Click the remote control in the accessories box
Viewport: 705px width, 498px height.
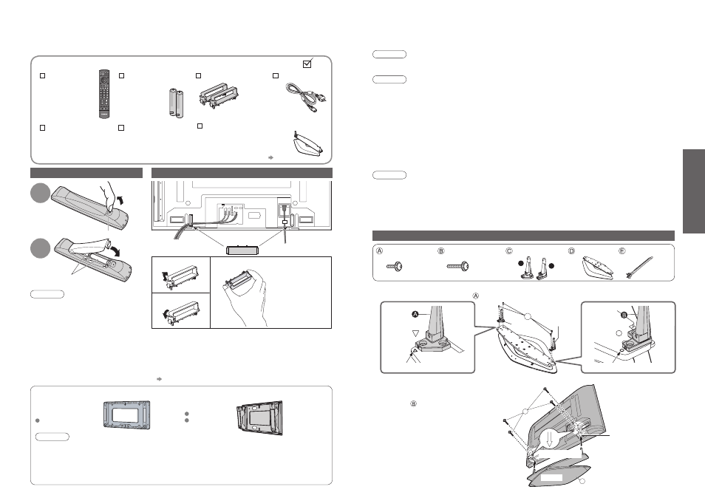click(104, 94)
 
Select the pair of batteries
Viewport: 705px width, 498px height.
click(176, 103)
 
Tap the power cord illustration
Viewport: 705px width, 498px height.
click(306, 98)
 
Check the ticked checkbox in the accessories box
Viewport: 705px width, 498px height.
click(307, 64)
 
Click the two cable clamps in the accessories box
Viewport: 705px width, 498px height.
click(219, 95)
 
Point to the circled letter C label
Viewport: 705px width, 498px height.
click(509, 250)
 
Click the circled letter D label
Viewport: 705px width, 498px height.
click(571, 250)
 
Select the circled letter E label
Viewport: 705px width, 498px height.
click(622, 250)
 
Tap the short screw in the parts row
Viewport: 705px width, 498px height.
click(395, 267)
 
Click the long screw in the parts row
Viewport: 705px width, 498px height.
click(457, 267)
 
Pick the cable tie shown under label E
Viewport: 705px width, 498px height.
click(639, 268)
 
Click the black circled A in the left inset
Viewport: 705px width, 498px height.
click(415, 314)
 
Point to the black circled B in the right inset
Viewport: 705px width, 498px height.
click(624, 315)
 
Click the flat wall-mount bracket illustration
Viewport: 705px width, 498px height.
click(127, 414)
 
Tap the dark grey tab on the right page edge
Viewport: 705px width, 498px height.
click(694, 191)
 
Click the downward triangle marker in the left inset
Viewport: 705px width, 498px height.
click(416, 333)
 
